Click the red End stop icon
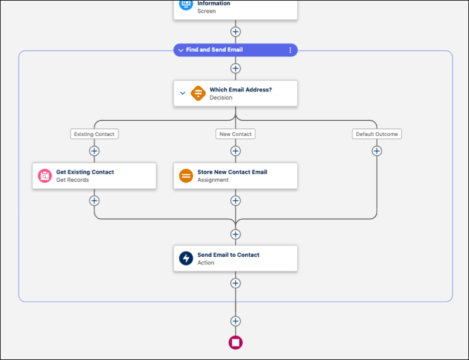[236, 342]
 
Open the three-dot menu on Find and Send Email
[290, 50]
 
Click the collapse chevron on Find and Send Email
[181, 50]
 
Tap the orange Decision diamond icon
[198, 93]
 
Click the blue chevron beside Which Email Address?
[182, 93]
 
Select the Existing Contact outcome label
[94, 134]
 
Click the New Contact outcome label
[236, 134]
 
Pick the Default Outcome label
[377, 134]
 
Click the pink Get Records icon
[45, 176]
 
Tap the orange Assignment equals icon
[186, 176]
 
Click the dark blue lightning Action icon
[186, 258]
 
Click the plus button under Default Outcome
[377, 151]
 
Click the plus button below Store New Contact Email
[236, 201]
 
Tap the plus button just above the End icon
[236, 321]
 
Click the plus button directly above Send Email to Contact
[236, 234]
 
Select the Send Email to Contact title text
[228, 254]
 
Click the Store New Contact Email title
[232, 172]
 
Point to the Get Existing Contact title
[85, 172]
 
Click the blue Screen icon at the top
[186, 4]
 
